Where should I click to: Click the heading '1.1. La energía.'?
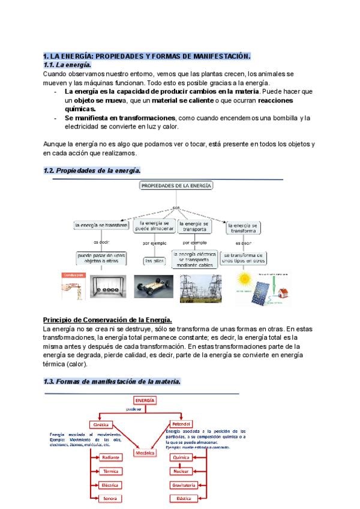67,65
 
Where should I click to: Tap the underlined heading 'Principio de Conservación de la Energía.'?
108,319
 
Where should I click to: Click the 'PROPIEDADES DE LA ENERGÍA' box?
176,186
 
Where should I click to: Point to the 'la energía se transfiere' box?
101,226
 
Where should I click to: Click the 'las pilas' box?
153,261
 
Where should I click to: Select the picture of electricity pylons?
202,286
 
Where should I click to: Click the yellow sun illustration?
244,280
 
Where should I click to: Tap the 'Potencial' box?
181,424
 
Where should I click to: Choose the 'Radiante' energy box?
111,457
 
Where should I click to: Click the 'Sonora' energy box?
111,498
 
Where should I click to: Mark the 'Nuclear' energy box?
181,471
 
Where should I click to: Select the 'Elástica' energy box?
181,498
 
